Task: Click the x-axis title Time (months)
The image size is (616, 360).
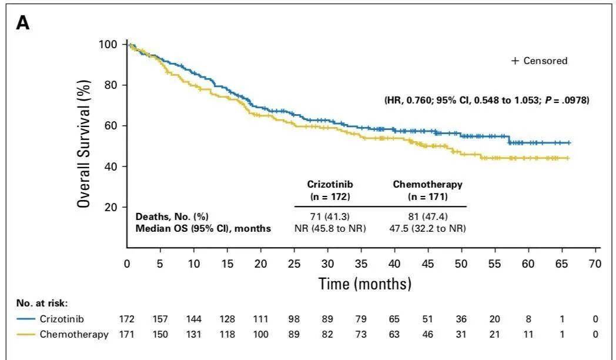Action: point(364,284)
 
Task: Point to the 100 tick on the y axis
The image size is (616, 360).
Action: point(111,45)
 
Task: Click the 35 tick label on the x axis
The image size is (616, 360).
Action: point(361,264)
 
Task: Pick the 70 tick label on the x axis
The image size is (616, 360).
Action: point(595,264)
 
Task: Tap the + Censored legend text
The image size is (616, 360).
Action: point(539,61)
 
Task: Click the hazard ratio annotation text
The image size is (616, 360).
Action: point(486,101)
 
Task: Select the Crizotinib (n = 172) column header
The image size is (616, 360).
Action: point(330,189)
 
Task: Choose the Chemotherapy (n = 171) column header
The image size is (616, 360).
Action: point(427,189)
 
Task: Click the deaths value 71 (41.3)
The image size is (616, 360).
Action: point(330,216)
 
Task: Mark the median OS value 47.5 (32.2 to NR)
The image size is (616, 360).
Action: point(427,228)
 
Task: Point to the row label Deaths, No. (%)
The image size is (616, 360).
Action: point(172,216)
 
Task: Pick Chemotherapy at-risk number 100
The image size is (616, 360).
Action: point(260,335)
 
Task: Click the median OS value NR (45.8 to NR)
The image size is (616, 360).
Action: point(330,228)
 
